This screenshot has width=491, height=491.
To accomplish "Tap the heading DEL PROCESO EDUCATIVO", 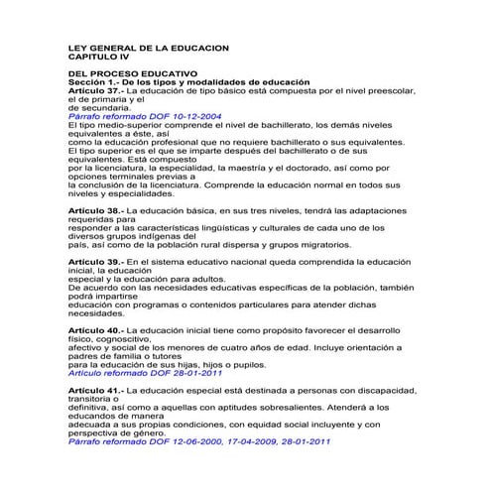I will [133, 73].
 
